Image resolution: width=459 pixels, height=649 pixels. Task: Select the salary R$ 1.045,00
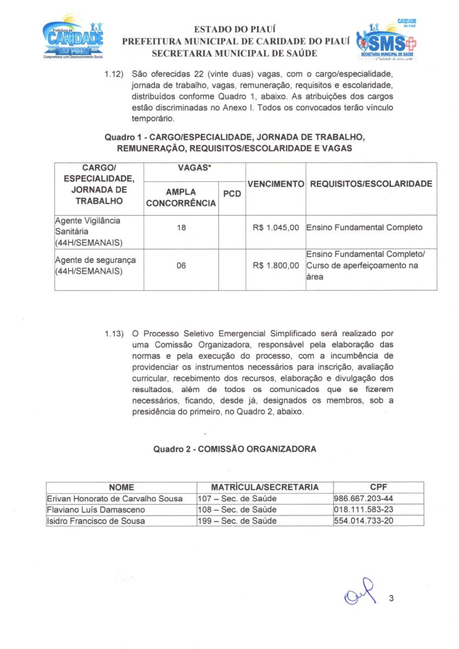point(276,228)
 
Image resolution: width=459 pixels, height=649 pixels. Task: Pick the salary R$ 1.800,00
point(276,266)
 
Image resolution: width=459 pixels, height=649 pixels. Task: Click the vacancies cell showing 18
point(181,228)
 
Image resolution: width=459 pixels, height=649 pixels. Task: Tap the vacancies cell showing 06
point(181,266)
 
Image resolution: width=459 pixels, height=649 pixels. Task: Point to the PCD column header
point(232,194)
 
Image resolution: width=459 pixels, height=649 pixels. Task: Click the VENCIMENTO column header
point(276,184)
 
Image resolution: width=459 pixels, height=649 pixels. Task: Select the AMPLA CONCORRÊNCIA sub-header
point(181,197)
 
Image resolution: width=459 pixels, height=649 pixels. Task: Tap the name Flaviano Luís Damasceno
point(97,509)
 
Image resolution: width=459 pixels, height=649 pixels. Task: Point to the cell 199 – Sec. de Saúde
point(237,521)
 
